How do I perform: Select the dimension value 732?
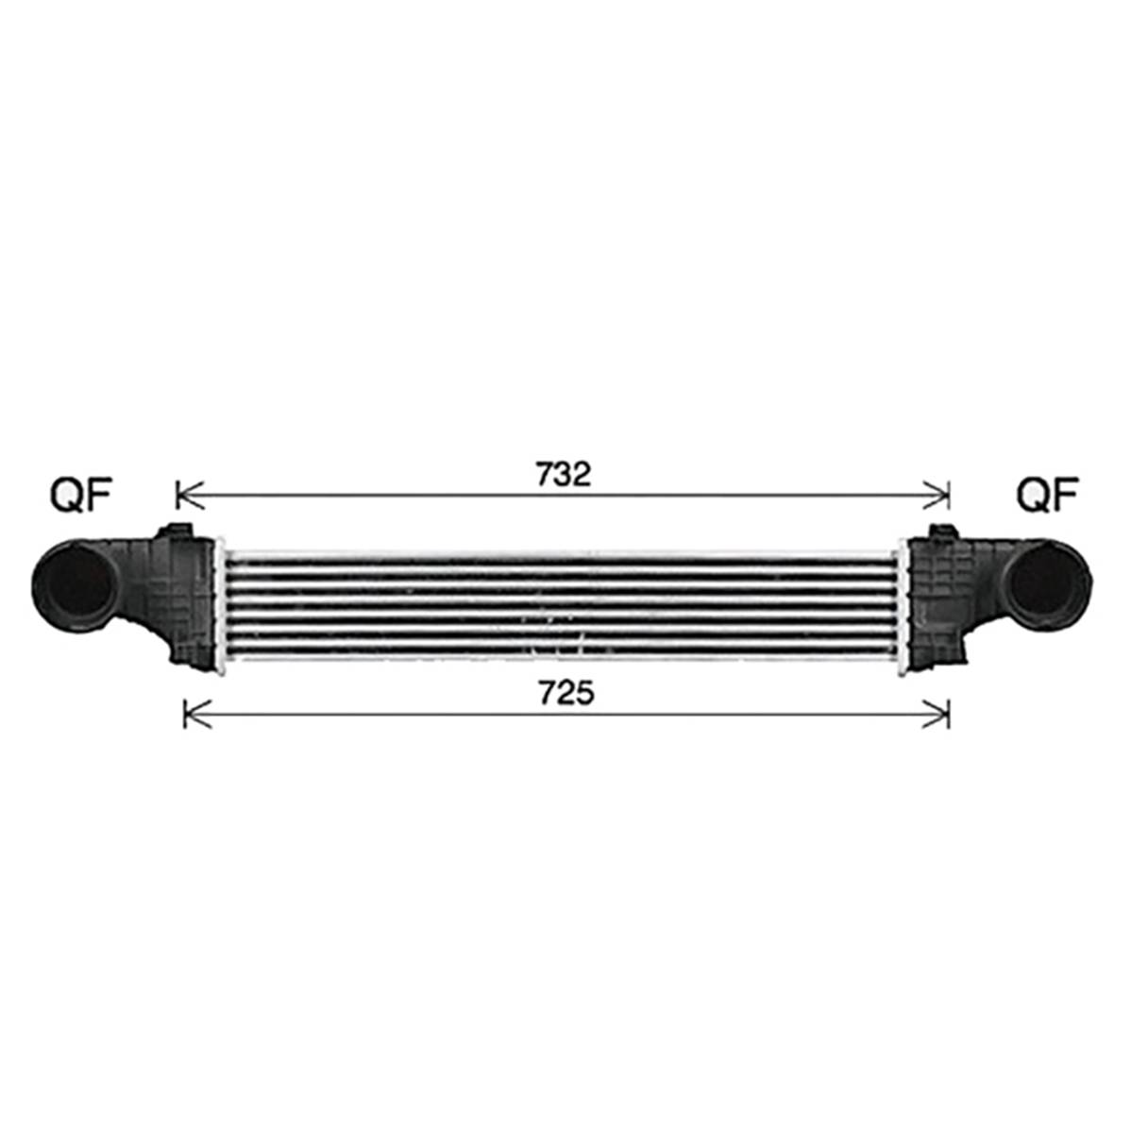pos(564,474)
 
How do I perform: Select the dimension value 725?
pos(567,693)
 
